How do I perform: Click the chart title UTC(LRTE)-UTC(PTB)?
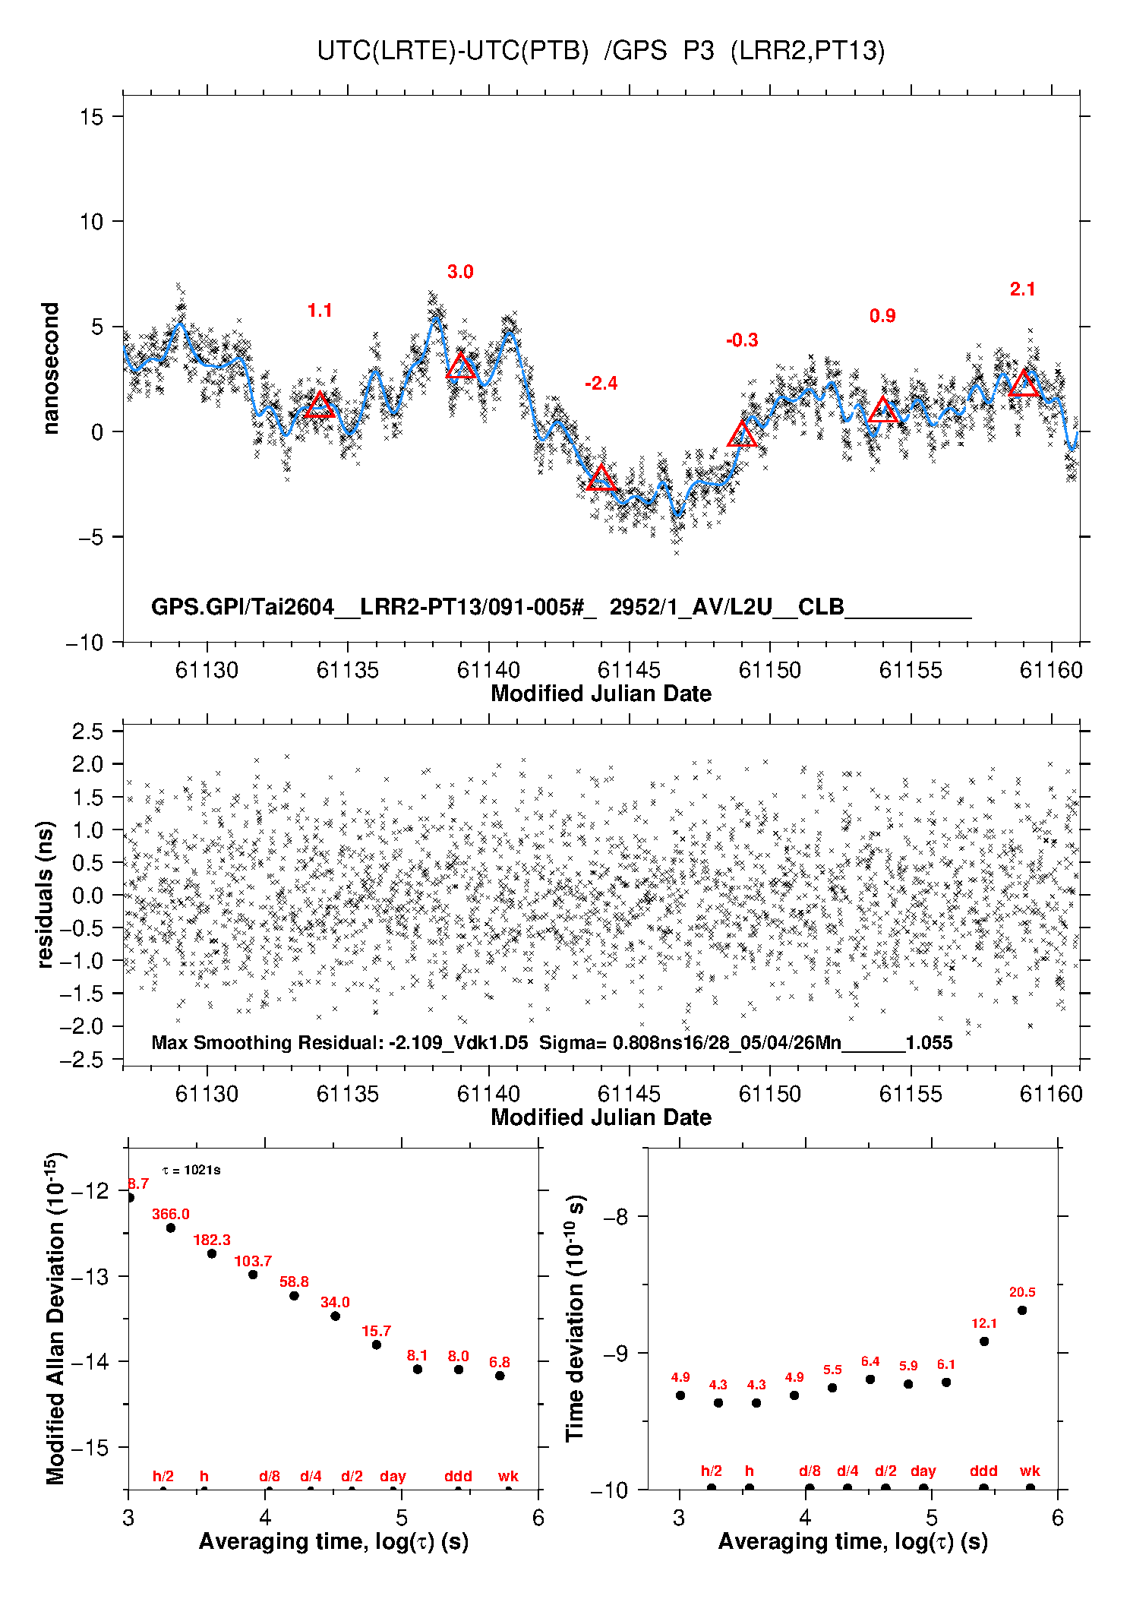(453, 51)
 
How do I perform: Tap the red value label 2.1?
(1022, 289)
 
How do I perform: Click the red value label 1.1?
(320, 310)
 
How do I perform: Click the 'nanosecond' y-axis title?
(50, 368)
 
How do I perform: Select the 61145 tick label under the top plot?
(629, 670)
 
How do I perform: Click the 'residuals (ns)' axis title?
(46, 894)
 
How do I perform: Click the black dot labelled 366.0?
(171, 1228)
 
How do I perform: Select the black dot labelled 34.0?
(335, 1316)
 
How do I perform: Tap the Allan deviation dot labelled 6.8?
(500, 1376)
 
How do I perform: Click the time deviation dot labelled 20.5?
(1022, 1310)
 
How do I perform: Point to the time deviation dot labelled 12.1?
(984, 1341)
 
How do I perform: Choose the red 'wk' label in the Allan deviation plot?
(508, 1476)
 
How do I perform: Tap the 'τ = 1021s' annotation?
(191, 1170)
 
